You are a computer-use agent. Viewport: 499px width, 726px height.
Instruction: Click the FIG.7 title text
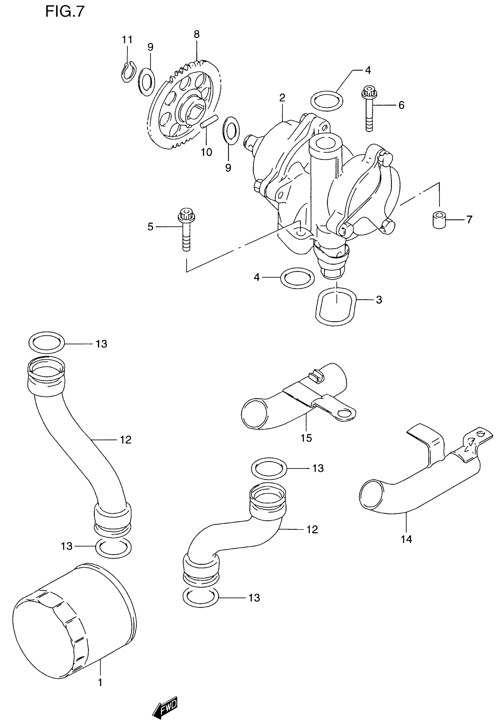tap(65, 11)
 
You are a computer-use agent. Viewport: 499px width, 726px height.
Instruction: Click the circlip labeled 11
tap(128, 72)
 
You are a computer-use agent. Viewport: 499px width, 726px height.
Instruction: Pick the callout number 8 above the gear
tap(196, 34)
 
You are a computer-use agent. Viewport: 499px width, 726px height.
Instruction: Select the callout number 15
tap(306, 438)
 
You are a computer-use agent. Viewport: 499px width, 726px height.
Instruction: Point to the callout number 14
tap(407, 539)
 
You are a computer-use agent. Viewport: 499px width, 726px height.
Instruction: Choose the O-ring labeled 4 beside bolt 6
tap(327, 101)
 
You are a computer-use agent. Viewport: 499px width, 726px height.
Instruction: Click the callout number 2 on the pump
tap(282, 98)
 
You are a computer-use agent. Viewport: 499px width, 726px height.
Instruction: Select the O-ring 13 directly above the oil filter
tap(113, 548)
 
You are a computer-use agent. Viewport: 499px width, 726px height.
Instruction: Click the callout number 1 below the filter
tap(100, 683)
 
